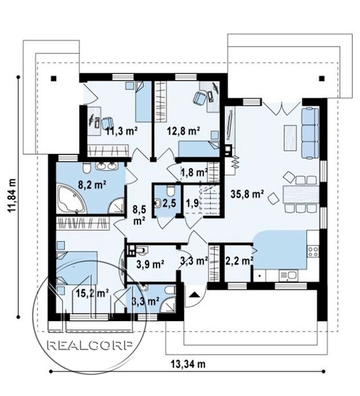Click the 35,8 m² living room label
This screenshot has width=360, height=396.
pyautogui.click(x=247, y=194)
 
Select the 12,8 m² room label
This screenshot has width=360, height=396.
pyautogui.click(x=184, y=131)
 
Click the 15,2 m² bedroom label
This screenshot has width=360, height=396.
pyautogui.click(x=92, y=293)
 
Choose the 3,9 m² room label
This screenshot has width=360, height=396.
pyautogui.click(x=150, y=264)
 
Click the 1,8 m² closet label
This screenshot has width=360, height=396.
pyautogui.click(x=194, y=173)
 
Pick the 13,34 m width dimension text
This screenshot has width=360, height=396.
pyautogui.click(x=188, y=364)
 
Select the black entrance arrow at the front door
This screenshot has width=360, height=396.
pyautogui.click(x=194, y=295)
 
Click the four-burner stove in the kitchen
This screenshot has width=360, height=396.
pyautogui.click(x=313, y=252)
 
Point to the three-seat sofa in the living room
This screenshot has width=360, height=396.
pyautogui.click(x=310, y=133)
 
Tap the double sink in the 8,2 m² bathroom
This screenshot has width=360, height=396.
pyautogui.click(x=107, y=166)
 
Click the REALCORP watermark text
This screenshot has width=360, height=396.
pyautogui.click(x=90, y=345)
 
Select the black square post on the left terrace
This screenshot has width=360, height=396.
pyautogui.click(x=53, y=78)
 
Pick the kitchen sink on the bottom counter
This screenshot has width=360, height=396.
pyautogui.click(x=288, y=275)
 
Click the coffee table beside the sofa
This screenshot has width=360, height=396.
pyautogui.click(x=290, y=138)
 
